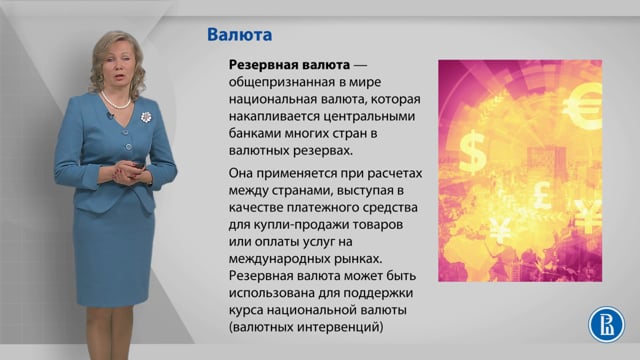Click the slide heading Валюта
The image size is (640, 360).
tap(239, 35)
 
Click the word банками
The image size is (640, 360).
tap(255, 133)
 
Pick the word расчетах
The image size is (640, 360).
tap(395, 173)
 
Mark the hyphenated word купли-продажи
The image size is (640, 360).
tap(291, 225)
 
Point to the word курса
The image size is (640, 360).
tap(246, 310)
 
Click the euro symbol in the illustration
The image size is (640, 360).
tap(583, 105)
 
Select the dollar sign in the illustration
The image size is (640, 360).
tap(473, 152)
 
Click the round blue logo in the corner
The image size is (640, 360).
tap(606, 324)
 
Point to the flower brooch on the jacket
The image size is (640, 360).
tap(146, 117)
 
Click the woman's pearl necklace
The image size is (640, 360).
tap(115, 101)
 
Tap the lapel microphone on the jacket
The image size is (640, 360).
tap(110, 116)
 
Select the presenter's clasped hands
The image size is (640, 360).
tap(129, 172)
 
